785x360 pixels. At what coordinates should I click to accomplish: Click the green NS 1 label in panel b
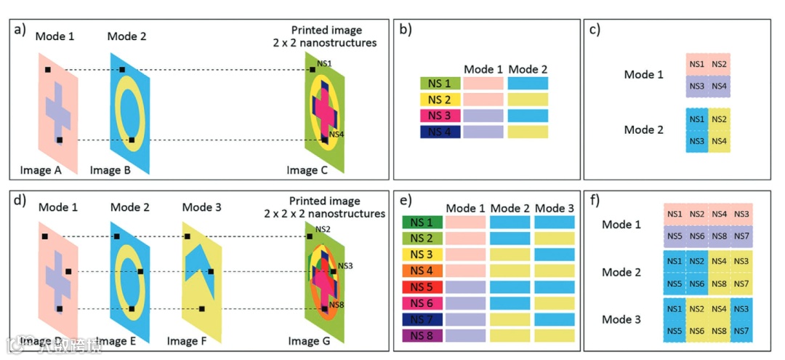(x=440, y=84)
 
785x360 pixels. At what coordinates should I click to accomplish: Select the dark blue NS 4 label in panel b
(x=440, y=132)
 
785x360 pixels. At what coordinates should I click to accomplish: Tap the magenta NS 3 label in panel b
(x=440, y=116)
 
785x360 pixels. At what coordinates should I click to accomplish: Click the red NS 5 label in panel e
(x=422, y=287)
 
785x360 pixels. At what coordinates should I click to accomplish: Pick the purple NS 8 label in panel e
(x=422, y=335)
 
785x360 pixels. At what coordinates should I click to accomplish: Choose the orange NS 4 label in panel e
(x=422, y=271)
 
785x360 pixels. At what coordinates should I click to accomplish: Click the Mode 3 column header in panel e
(x=555, y=208)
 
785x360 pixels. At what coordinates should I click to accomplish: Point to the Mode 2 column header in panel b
(x=528, y=69)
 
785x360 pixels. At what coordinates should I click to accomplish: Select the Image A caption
(x=43, y=171)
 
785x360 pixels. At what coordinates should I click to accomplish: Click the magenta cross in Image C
(x=323, y=109)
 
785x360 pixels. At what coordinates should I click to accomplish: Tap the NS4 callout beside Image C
(x=337, y=134)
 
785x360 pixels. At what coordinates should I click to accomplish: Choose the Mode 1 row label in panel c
(x=644, y=75)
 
